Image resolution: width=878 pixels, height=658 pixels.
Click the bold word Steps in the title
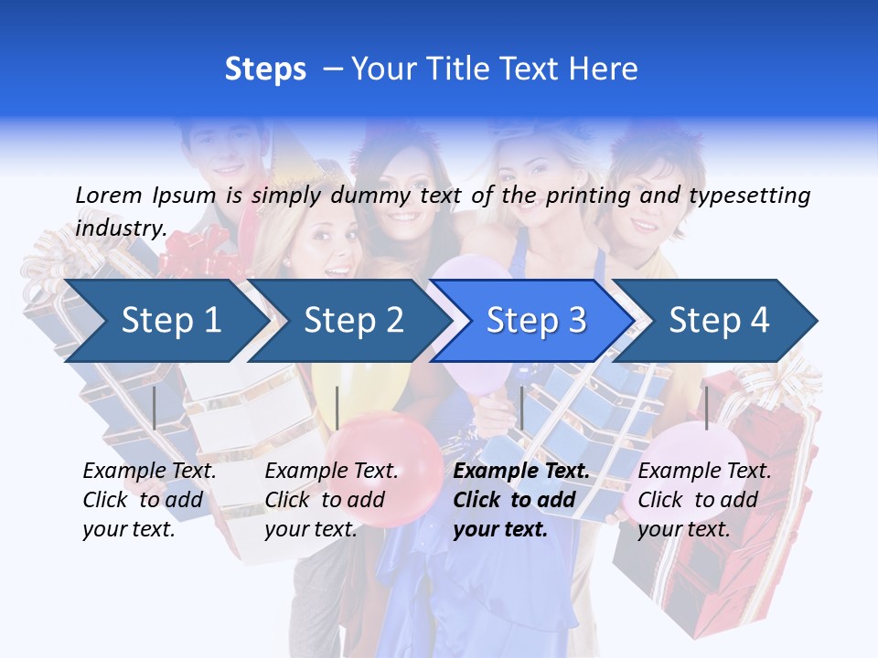click(265, 69)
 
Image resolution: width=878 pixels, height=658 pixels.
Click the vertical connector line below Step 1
click(155, 408)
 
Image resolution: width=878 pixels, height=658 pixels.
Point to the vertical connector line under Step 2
click(337, 408)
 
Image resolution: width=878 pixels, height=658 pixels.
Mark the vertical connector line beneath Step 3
click(521, 408)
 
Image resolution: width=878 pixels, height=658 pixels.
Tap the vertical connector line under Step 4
click(706, 408)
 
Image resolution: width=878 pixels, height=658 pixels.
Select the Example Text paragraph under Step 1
click(149, 500)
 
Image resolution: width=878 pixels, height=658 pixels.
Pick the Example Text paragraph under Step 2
click(331, 500)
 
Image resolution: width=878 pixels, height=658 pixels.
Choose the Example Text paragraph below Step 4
click(704, 500)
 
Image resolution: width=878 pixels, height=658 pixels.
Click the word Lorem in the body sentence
click(109, 195)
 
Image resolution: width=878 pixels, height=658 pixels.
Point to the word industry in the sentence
click(121, 228)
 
